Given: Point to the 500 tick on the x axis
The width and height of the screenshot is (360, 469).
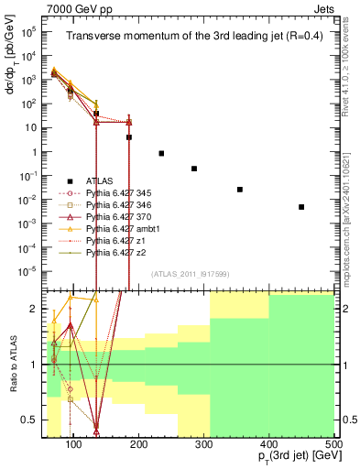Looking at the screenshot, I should click(333, 444).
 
